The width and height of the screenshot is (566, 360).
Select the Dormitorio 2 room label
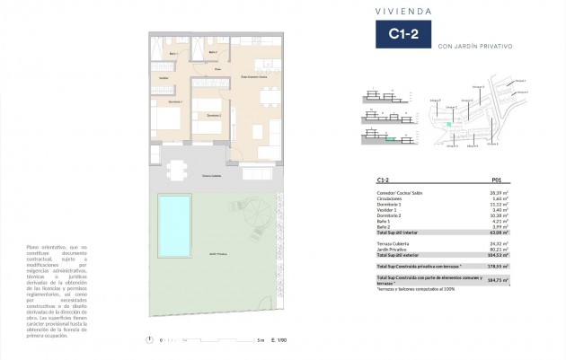tap(213, 115)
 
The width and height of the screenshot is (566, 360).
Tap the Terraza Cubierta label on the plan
tap(211, 176)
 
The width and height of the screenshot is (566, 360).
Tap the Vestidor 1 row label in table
tap(389, 209)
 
